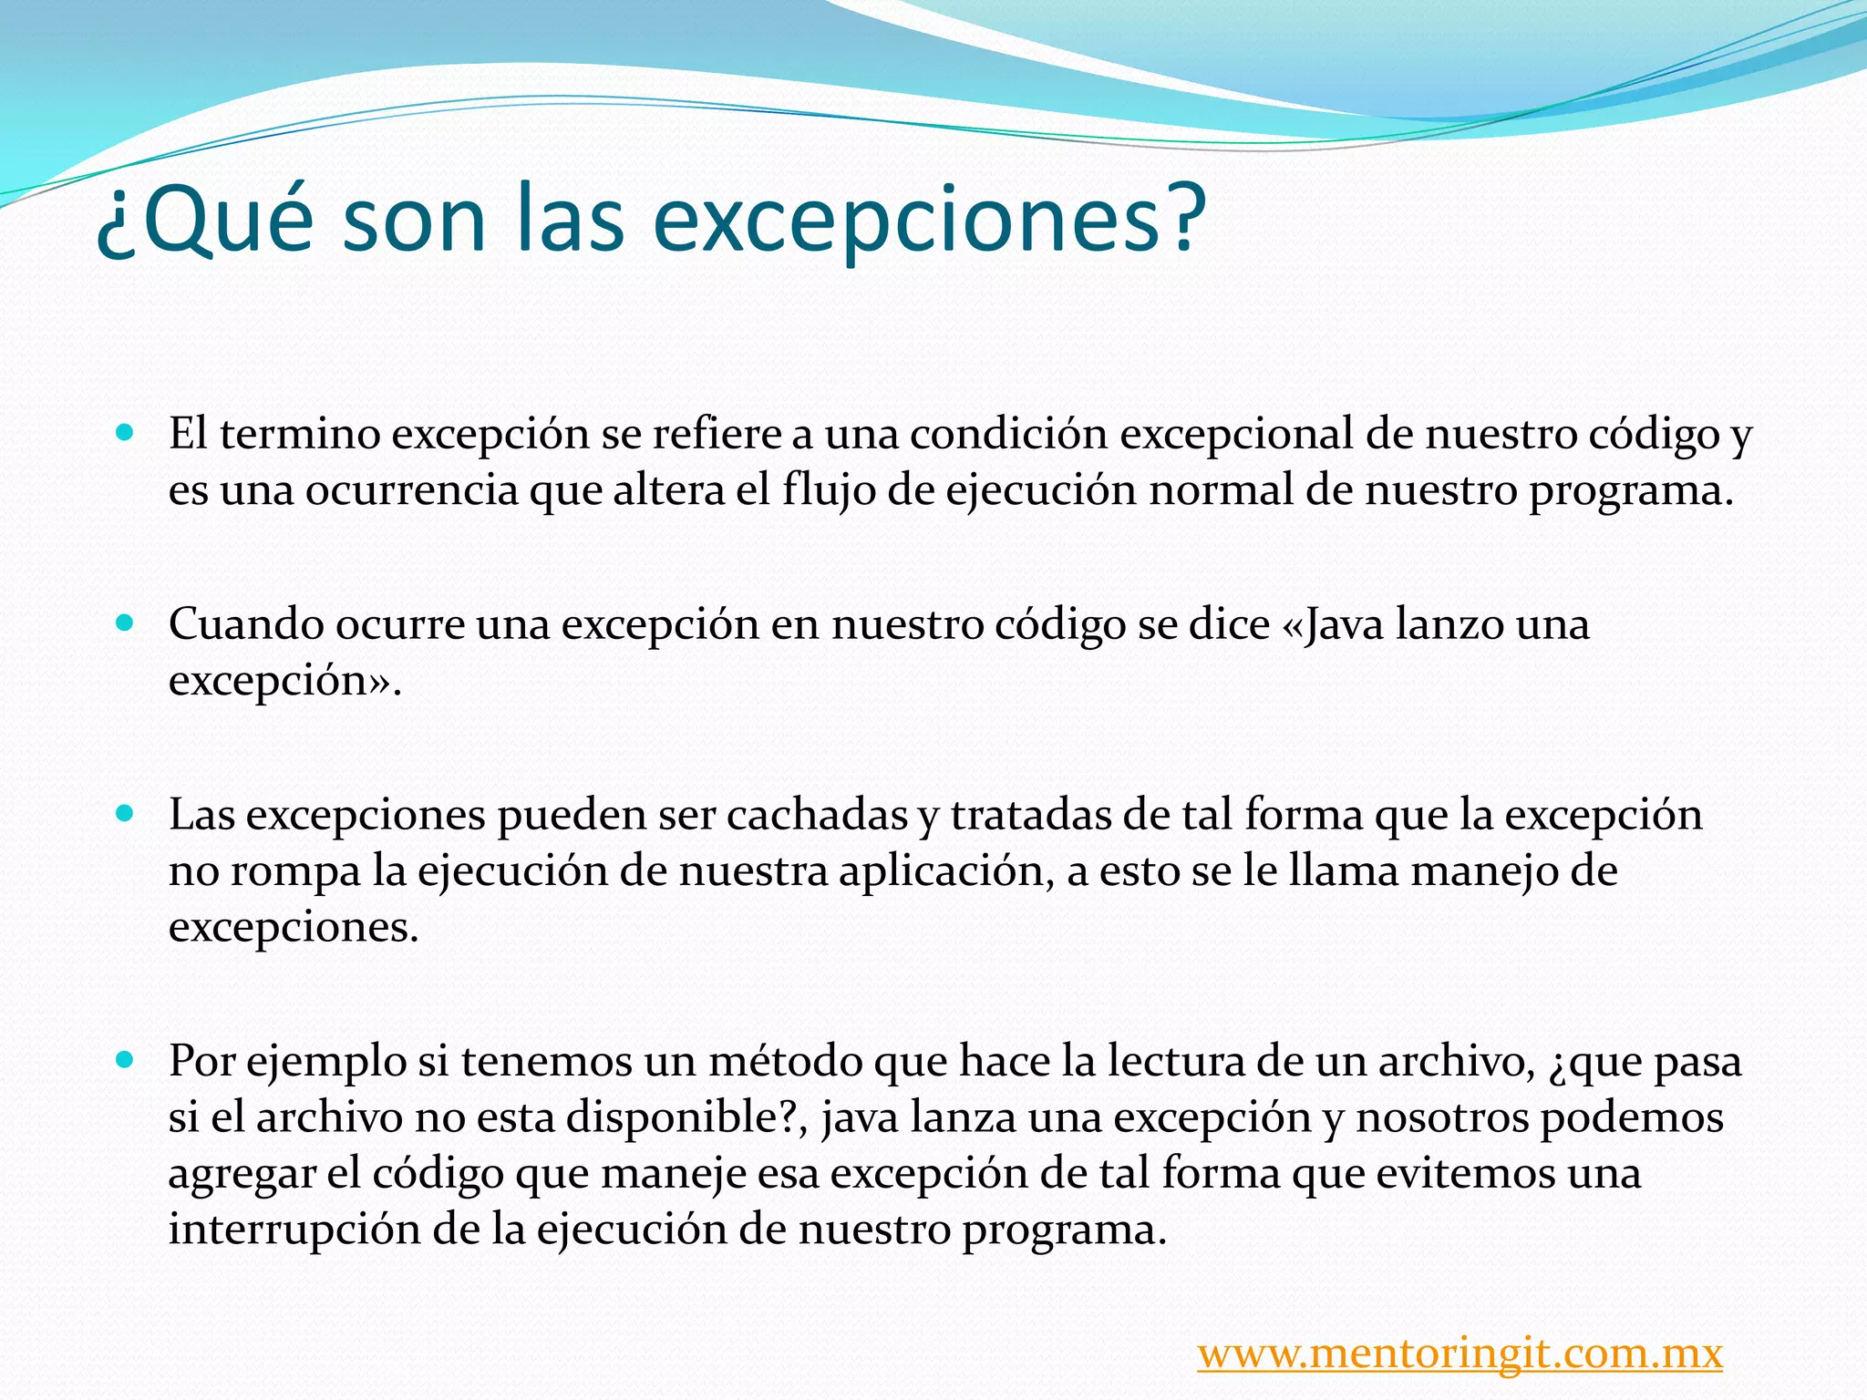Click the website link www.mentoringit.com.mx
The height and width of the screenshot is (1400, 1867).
coord(1460,1353)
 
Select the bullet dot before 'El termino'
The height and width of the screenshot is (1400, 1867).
coord(126,431)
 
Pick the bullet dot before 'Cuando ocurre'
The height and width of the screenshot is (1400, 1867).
coord(126,623)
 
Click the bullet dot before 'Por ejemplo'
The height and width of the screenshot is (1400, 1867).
coord(126,1059)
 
